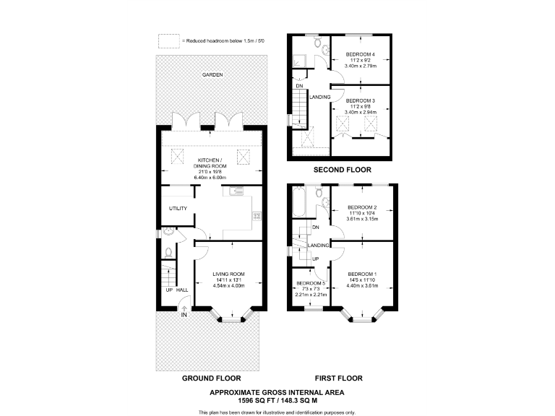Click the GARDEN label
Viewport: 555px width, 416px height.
pos(212,74)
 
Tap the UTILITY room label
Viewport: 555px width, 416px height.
pos(178,208)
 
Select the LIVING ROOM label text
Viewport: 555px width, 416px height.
pos(228,274)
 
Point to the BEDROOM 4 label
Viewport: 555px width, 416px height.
pos(361,54)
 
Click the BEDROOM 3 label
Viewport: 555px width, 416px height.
pos(361,101)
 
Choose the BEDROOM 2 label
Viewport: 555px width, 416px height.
pos(362,207)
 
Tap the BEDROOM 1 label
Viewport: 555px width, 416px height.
pos(362,274)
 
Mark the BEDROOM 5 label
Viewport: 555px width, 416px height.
pos(311,283)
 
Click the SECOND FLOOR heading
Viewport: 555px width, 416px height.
pos(343,170)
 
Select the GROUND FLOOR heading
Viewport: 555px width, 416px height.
pos(211,378)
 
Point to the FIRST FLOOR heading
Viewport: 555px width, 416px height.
pos(339,378)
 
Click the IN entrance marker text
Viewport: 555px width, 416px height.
pos(184,315)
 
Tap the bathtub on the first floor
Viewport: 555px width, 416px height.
pos(298,201)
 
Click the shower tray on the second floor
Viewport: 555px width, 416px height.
pos(298,61)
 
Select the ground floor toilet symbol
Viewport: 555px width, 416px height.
pos(168,252)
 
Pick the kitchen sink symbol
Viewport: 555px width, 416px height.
pos(236,191)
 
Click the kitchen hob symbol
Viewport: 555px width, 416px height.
pos(257,216)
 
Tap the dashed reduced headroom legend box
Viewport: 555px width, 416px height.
pos(169,40)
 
